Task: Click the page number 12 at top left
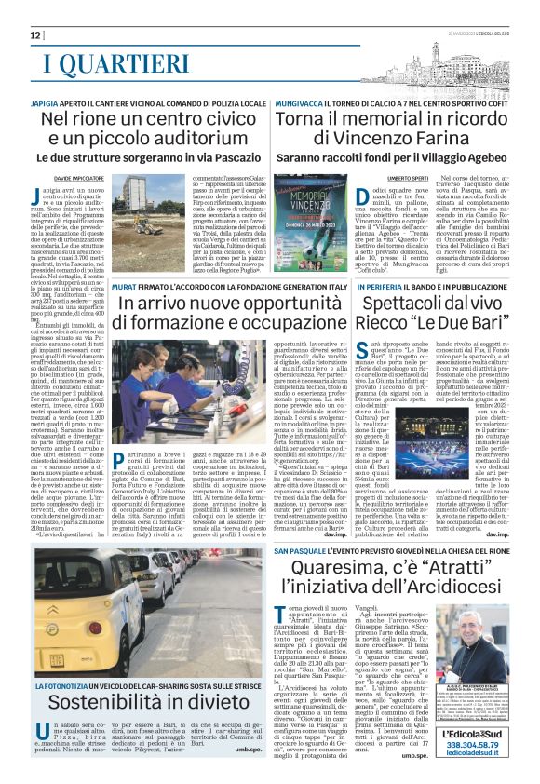[x=36, y=34]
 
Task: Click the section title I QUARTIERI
[x=116, y=63]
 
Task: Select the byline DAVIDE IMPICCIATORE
[x=80, y=176]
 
